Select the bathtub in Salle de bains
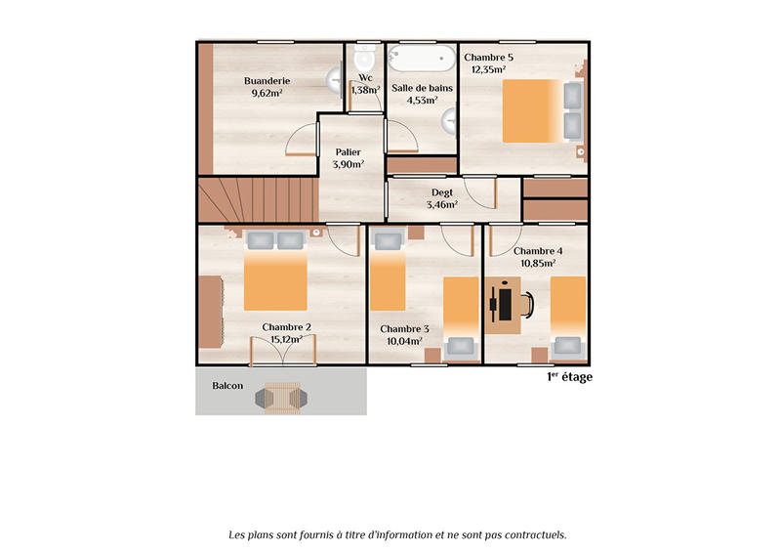pos(422,58)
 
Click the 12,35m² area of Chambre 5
pos(488,70)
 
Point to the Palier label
pos(348,152)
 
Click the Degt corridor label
pos(442,192)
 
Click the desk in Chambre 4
pos(502,304)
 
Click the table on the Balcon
pos(282,397)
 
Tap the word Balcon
pos(227,386)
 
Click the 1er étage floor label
pos(569,377)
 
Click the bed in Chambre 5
pos(532,109)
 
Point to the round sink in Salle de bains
pos(450,121)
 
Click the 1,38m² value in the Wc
pos(365,90)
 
